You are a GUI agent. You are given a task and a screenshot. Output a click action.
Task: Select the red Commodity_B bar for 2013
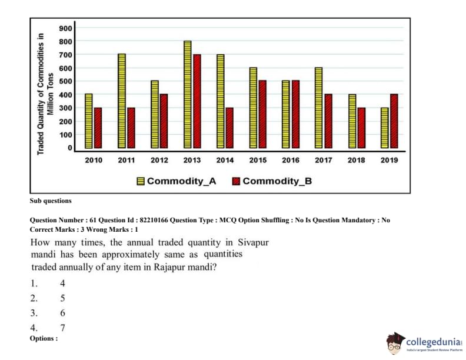(x=197, y=101)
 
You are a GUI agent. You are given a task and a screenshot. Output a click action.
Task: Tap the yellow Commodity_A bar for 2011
(x=121, y=101)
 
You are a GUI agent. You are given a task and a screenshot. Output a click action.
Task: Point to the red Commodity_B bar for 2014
(x=229, y=128)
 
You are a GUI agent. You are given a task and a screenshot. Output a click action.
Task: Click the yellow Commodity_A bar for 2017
(x=319, y=108)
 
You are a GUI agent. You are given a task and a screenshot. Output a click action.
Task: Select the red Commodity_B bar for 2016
(x=295, y=114)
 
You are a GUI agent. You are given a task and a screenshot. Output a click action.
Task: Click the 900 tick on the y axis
(x=65, y=28)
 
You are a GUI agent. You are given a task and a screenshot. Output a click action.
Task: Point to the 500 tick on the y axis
(x=65, y=81)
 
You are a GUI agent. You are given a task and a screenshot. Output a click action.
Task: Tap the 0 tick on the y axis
(x=69, y=148)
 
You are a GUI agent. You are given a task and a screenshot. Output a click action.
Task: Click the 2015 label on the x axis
(x=258, y=160)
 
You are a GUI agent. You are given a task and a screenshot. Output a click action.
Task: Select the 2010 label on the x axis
(x=93, y=160)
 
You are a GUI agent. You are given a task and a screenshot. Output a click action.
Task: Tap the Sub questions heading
(x=51, y=201)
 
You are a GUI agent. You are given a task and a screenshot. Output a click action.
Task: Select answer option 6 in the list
(x=62, y=313)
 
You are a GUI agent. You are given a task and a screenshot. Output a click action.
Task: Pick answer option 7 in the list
(x=62, y=328)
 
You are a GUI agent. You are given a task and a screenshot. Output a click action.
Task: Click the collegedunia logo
(x=424, y=343)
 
